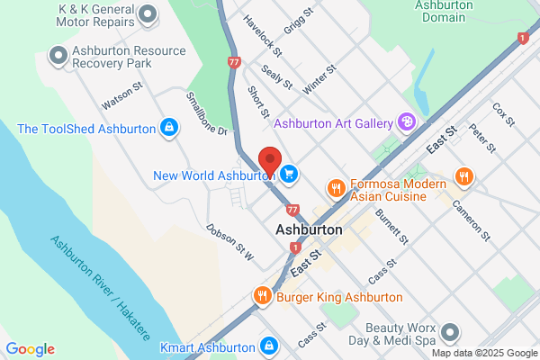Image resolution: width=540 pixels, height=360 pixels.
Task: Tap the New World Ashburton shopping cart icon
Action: (x=289, y=174)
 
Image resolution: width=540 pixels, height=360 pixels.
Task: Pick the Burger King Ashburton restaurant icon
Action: (x=263, y=296)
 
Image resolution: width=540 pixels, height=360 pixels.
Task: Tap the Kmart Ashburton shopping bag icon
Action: (x=268, y=346)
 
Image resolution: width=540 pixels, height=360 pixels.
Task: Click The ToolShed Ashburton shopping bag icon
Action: (x=167, y=128)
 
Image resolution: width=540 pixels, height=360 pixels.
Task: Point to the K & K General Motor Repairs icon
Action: (x=148, y=13)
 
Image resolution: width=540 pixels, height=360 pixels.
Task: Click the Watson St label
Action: (x=122, y=97)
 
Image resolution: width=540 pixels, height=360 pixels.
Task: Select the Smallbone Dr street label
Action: (x=206, y=113)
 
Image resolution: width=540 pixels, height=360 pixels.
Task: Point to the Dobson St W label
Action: (x=230, y=243)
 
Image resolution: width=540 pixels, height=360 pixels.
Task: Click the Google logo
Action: (x=30, y=349)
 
